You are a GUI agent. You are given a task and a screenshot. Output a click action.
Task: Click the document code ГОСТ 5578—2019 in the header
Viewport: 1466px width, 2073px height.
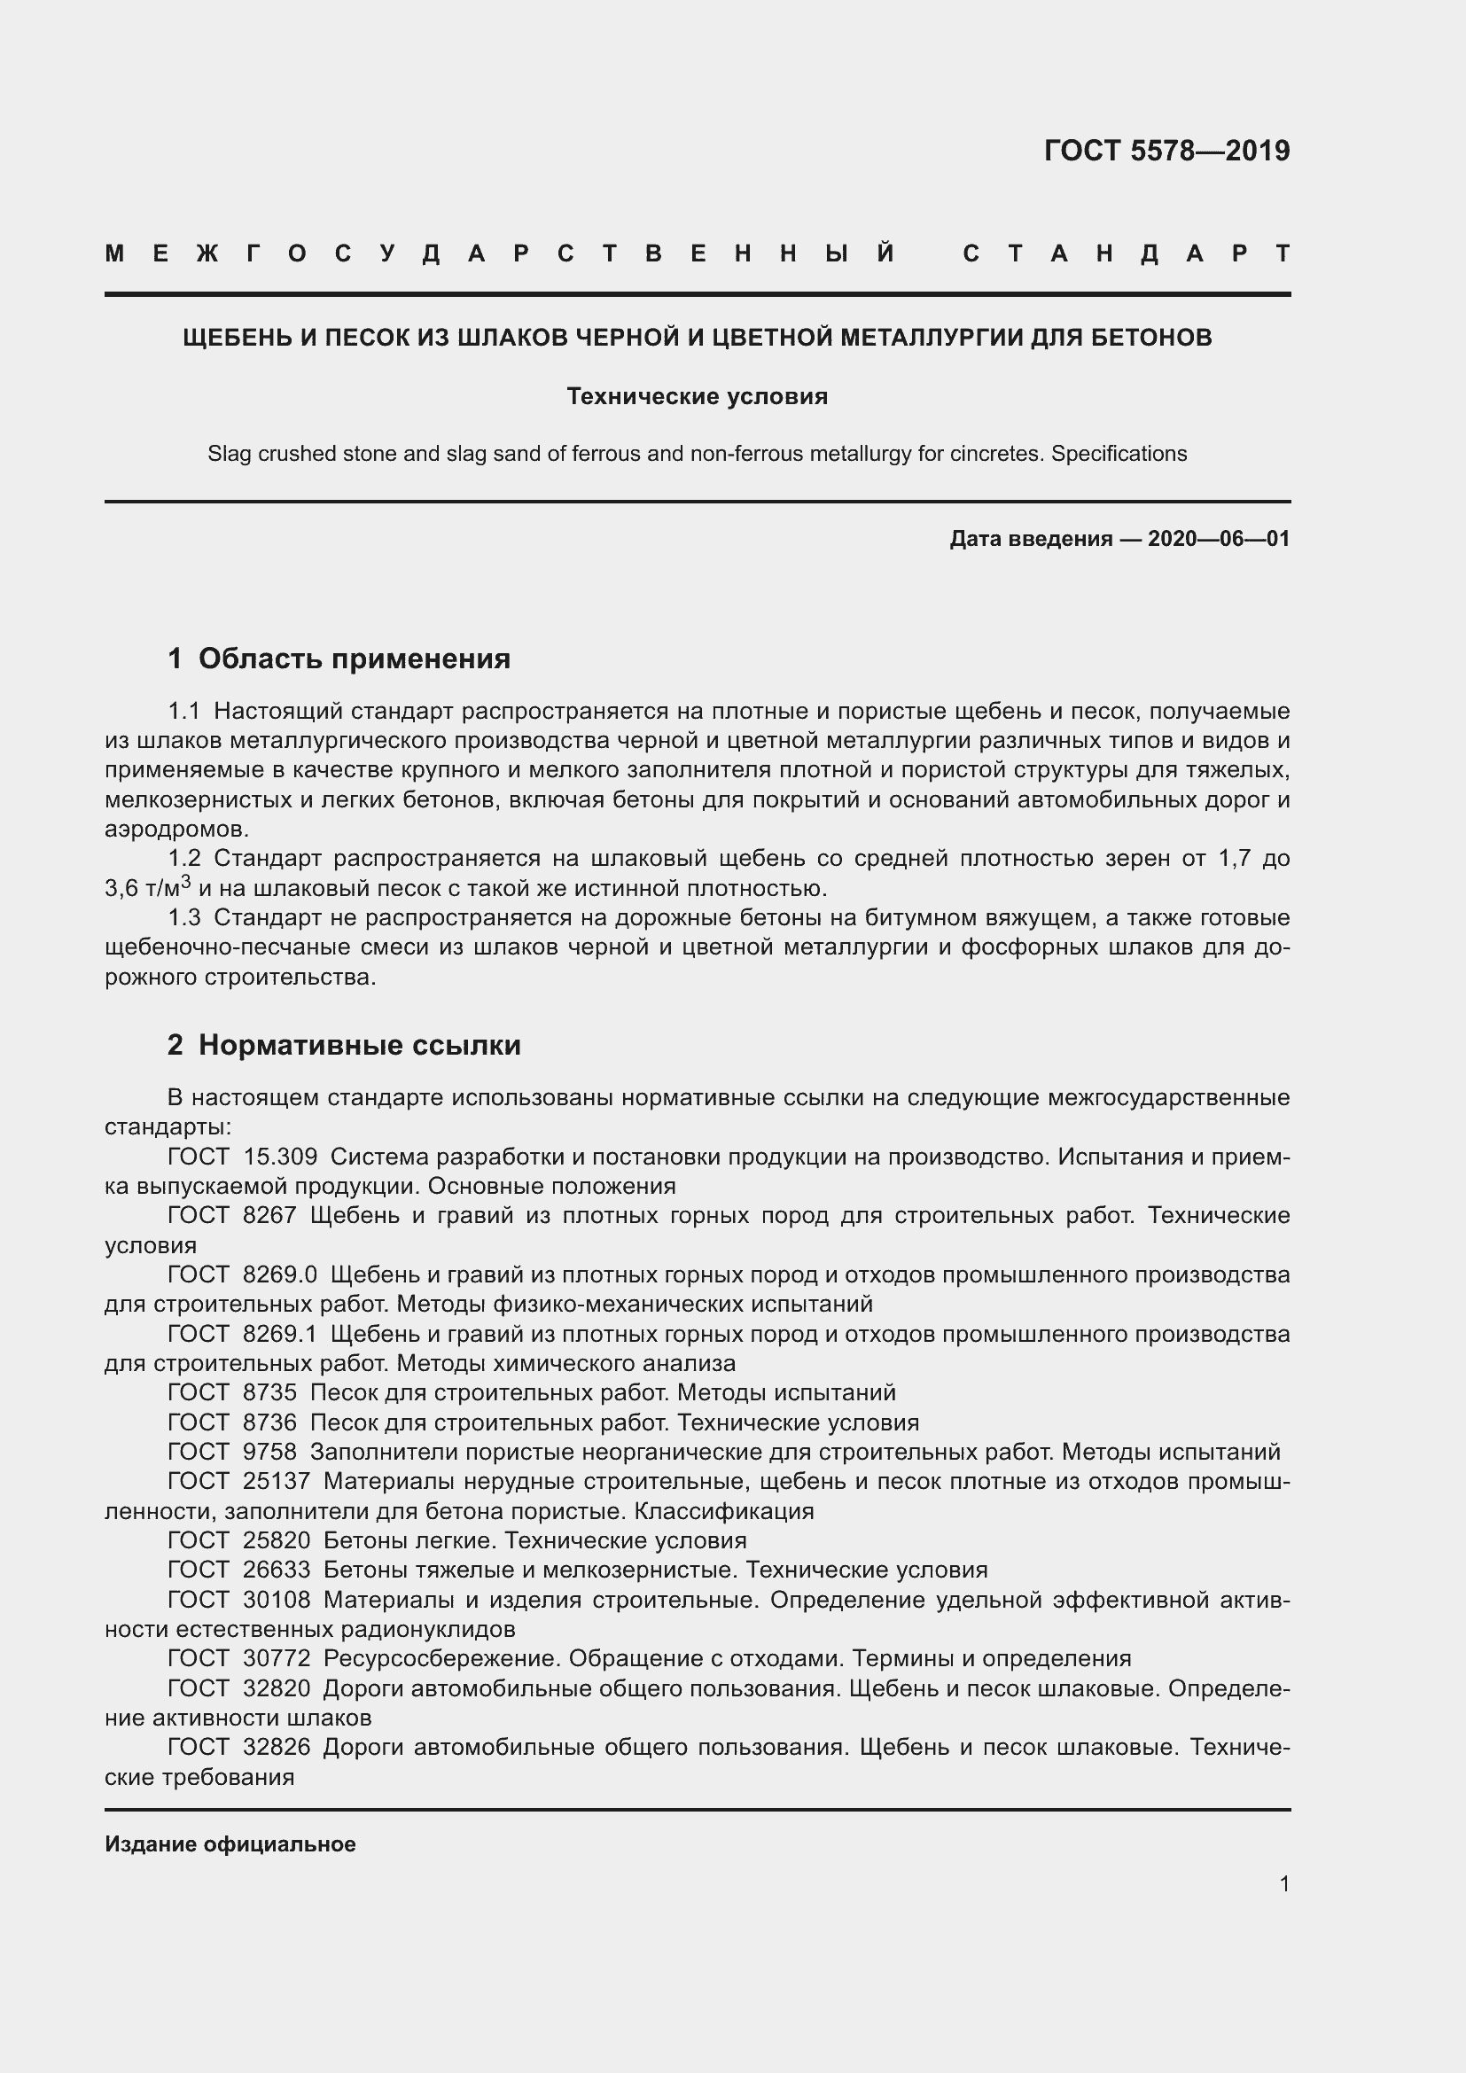point(1166,151)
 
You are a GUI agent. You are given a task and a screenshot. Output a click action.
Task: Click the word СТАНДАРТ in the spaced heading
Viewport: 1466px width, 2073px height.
point(1126,253)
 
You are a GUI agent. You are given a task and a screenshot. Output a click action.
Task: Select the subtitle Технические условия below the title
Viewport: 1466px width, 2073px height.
point(697,396)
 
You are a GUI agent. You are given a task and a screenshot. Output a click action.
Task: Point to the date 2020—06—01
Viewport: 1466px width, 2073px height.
point(1218,539)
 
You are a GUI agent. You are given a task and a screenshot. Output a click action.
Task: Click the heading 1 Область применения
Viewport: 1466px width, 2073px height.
point(339,659)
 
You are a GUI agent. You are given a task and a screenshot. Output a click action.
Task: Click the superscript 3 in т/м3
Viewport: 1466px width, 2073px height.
point(186,881)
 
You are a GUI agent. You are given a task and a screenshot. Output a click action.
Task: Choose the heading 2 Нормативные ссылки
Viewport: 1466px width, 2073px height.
point(344,1045)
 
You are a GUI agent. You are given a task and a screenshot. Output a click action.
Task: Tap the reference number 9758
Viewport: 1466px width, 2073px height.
point(270,1452)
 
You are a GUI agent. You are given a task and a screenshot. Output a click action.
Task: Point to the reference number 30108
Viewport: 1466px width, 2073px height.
point(277,1600)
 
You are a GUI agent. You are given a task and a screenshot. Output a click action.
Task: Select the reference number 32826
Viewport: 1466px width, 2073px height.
point(277,1747)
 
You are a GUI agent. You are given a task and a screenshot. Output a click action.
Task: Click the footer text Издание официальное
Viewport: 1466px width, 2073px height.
point(230,1843)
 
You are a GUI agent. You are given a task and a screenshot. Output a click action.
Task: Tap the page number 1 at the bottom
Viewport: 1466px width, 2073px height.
point(1283,1883)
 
